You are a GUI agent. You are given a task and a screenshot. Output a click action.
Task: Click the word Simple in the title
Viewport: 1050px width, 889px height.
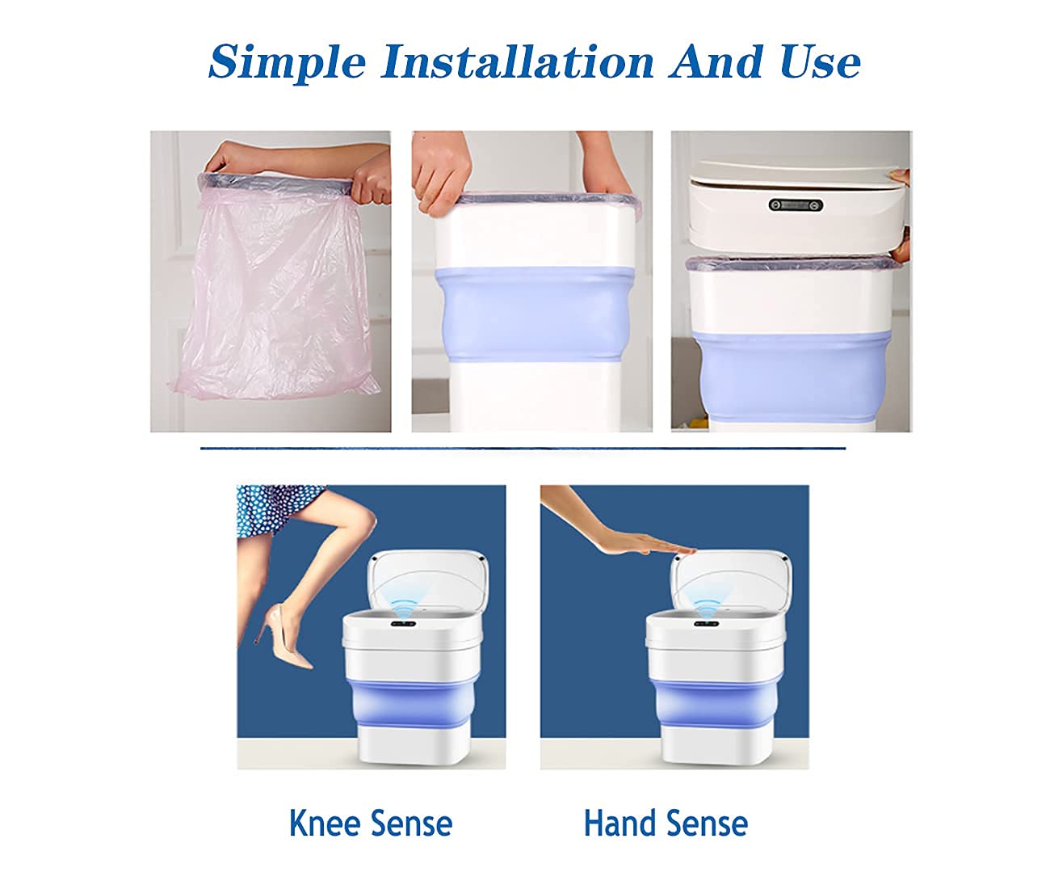click(287, 63)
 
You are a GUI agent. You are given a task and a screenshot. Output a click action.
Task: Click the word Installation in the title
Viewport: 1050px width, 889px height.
click(518, 61)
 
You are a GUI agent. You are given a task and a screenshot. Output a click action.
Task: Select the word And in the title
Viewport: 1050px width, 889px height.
click(716, 61)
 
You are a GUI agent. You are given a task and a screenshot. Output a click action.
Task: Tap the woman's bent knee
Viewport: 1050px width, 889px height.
click(363, 519)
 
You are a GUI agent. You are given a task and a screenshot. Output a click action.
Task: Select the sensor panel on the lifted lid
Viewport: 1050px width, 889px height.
click(796, 204)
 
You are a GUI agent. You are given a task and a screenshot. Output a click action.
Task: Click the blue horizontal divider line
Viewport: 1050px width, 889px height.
click(523, 449)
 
